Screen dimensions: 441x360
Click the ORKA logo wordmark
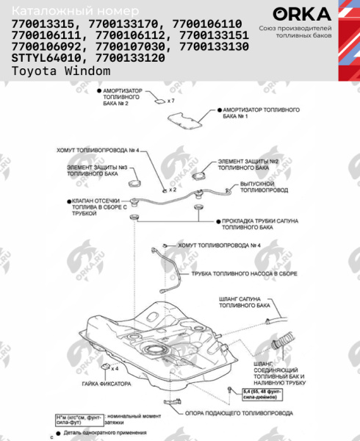point(298,14)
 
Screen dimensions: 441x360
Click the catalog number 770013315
point(43,24)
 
